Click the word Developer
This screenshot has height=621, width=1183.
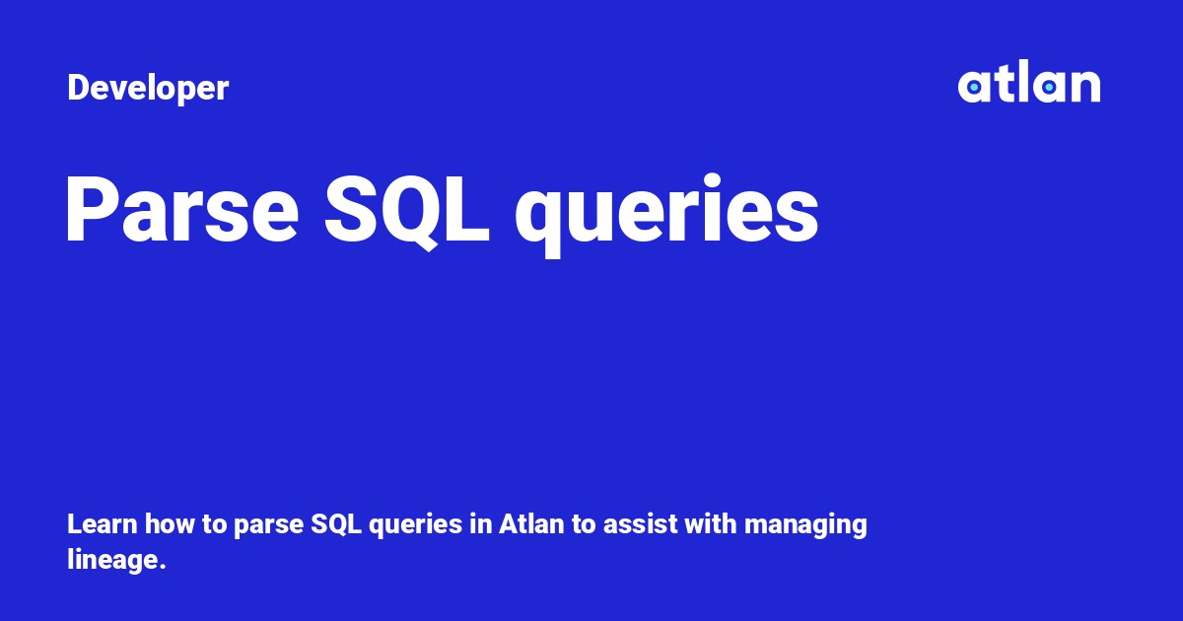[148, 88]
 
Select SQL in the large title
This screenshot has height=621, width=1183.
[406, 211]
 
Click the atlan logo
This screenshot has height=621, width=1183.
[1029, 81]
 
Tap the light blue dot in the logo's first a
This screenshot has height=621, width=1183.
[974, 87]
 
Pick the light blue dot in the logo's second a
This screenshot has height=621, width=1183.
[1049, 87]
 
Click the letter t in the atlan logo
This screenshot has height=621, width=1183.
[1002, 83]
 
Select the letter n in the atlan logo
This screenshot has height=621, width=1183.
[1084, 86]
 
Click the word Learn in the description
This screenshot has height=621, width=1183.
[103, 524]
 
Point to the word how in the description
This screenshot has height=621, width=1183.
[170, 524]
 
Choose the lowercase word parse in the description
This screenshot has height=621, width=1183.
[268, 526]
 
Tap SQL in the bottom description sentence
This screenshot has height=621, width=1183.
[336, 524]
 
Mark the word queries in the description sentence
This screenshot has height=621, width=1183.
[416, 526]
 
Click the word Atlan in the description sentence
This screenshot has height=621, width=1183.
[531, 524]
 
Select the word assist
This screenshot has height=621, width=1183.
[640, 524]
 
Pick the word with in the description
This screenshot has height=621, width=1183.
[711, 524]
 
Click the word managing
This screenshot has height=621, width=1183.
[805, 526]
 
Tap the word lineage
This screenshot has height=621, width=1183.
[112, 561]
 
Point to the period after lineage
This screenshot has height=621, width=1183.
[162, 568]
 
